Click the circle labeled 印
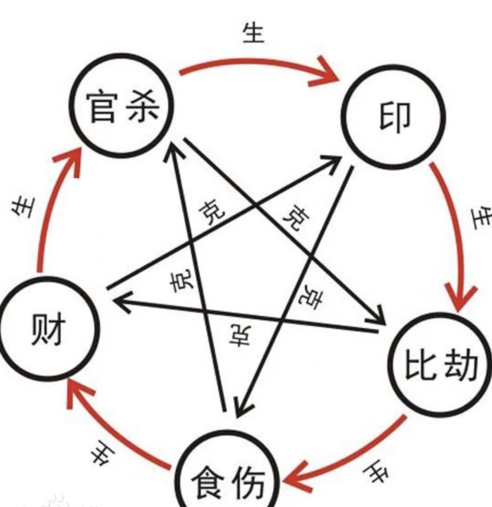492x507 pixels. click(394, 117)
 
